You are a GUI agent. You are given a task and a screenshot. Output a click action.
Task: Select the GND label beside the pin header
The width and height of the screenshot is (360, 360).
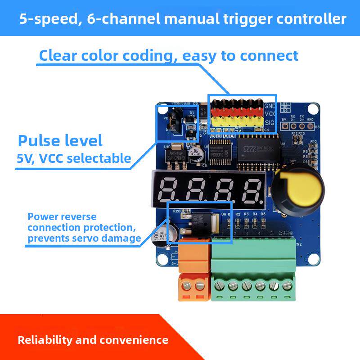[270, 106]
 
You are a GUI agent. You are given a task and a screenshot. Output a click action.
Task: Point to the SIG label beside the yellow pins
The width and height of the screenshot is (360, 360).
[270, 122]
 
